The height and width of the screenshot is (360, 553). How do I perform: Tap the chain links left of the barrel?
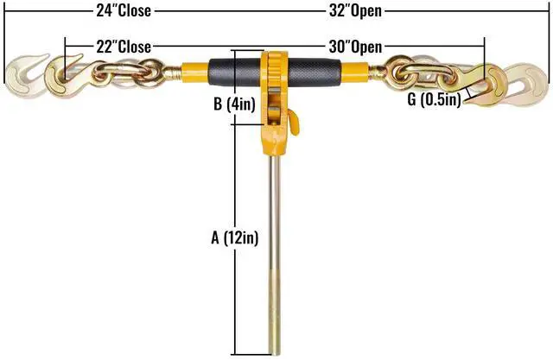point(134,73)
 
